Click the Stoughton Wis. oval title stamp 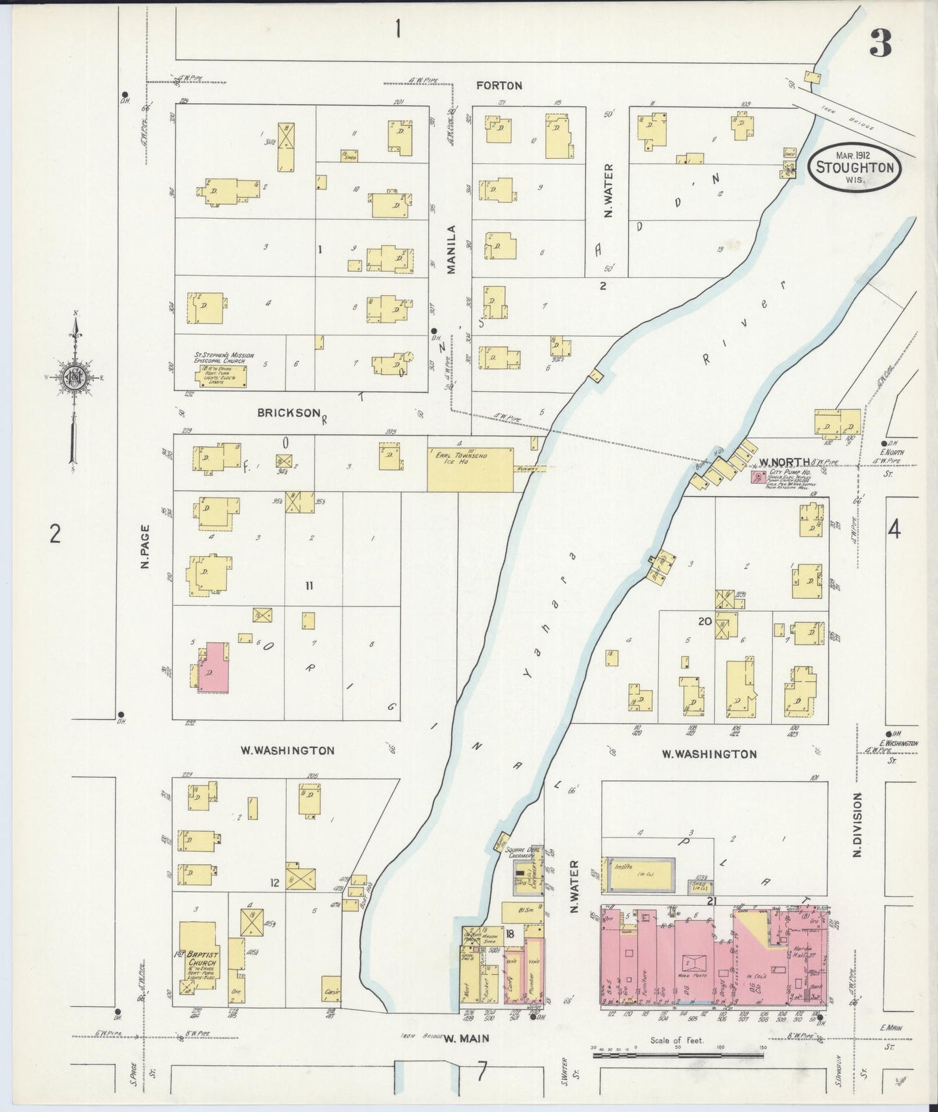[854, 166]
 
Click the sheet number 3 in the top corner [881, 44]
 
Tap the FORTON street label [499, 85]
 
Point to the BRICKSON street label [288, 413]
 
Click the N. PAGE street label [145, 547]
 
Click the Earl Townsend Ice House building [470, 468]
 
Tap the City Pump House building [757, 477]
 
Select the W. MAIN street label [466, 1038]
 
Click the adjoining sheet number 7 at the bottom [481, 1073]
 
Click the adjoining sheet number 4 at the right [894, 530]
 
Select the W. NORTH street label [784, 463]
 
